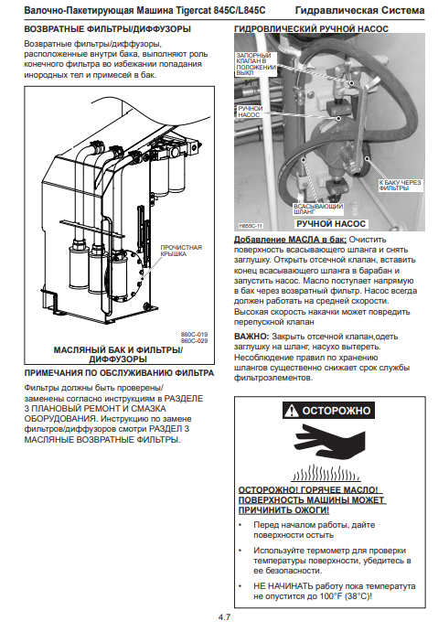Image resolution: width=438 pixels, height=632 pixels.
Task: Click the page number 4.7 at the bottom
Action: (x=224, y=616)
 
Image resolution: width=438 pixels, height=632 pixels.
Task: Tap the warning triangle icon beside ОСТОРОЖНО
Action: (x=292, y=411)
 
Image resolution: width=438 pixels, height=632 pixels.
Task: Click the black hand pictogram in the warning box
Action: (x=330, y=442)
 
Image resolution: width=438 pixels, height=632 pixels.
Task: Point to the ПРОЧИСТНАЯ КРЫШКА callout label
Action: (x=181, y=251)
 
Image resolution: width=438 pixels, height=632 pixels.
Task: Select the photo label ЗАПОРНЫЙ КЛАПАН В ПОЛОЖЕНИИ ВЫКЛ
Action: (x=256, y=64)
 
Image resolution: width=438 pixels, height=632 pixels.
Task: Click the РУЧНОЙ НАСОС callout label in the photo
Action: (x=250, y=112)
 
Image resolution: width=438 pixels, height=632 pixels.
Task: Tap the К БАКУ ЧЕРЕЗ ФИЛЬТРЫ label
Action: (x=400, y=185)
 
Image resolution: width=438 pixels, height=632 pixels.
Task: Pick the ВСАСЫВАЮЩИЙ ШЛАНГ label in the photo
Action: (x=318, y=209)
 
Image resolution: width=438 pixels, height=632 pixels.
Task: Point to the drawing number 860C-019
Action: (x=194, y=334)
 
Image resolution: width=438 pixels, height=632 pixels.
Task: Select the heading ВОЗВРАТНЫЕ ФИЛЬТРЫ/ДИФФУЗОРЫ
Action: (x=108, y=29)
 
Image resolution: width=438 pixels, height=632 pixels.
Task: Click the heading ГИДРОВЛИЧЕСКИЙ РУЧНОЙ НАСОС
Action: (x=311, y=29)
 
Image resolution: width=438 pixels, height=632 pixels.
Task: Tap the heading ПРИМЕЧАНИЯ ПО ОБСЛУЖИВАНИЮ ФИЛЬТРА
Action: (x=119, y=373)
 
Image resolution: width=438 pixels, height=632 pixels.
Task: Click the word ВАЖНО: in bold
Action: (x=251, y=337)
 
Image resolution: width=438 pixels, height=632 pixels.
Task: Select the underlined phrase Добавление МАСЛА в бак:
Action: (x=290, y=240)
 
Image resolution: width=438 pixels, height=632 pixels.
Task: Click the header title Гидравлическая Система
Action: (x=360, y=10)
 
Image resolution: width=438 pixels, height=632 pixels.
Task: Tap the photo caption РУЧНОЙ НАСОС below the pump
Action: (x=331, y=224)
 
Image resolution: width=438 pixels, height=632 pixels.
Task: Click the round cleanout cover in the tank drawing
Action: (x=126, y=275)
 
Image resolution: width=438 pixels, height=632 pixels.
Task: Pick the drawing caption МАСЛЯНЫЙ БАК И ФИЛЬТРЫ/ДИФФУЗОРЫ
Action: (x=118, y=354)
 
